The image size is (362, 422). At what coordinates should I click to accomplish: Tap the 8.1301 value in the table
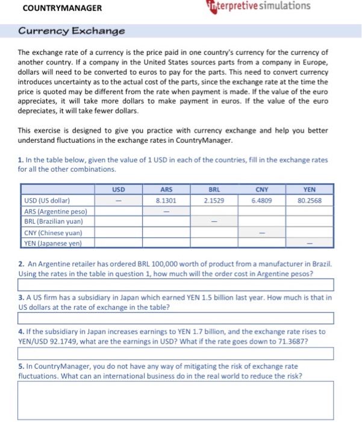pos(166,200)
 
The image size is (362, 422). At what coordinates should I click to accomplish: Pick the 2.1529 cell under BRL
pos(213,200)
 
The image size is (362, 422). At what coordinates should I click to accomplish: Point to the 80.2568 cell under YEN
pos(310,200)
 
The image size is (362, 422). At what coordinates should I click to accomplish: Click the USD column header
pos(119,189)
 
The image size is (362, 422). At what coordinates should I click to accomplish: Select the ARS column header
pos(166,189)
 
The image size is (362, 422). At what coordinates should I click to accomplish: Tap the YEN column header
pos(310,189)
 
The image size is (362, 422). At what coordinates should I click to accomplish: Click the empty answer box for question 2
pos(175,285)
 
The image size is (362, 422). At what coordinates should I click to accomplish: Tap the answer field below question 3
pos(175,318)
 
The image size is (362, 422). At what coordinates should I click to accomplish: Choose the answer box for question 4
pos(175,353)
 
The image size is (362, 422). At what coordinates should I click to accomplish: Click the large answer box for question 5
pos(175,400)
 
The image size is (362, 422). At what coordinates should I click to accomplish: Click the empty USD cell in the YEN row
pos(119,243)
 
